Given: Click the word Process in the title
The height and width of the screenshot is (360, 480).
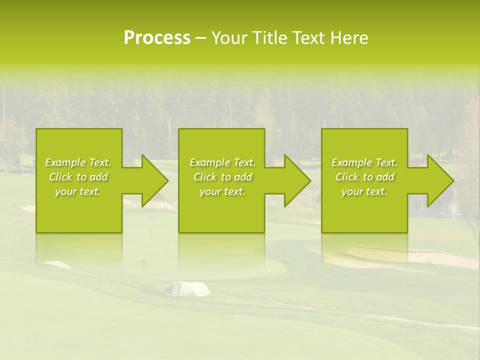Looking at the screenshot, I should (x=157, y=38).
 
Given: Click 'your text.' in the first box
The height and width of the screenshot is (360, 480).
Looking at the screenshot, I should (x=78, y=191).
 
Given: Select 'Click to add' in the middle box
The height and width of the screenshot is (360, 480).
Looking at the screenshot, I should (x=222, y=177).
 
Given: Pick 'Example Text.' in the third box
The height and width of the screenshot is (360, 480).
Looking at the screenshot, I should (x=364, y=162).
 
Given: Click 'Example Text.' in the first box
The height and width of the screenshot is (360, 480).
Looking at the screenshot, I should (x=78, y=162).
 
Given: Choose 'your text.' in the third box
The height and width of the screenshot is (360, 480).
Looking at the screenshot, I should (x=364, y=191).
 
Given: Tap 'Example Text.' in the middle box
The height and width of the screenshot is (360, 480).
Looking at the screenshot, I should (x=222, y=162).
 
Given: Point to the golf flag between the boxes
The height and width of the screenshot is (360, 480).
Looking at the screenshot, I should (x=150, y=218).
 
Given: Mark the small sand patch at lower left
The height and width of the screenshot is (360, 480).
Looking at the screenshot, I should (x=56, y=264).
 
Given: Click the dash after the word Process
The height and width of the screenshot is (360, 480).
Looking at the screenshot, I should (x=201, y=38).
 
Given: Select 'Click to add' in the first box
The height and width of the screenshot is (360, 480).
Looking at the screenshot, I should (x=78, y=177).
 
